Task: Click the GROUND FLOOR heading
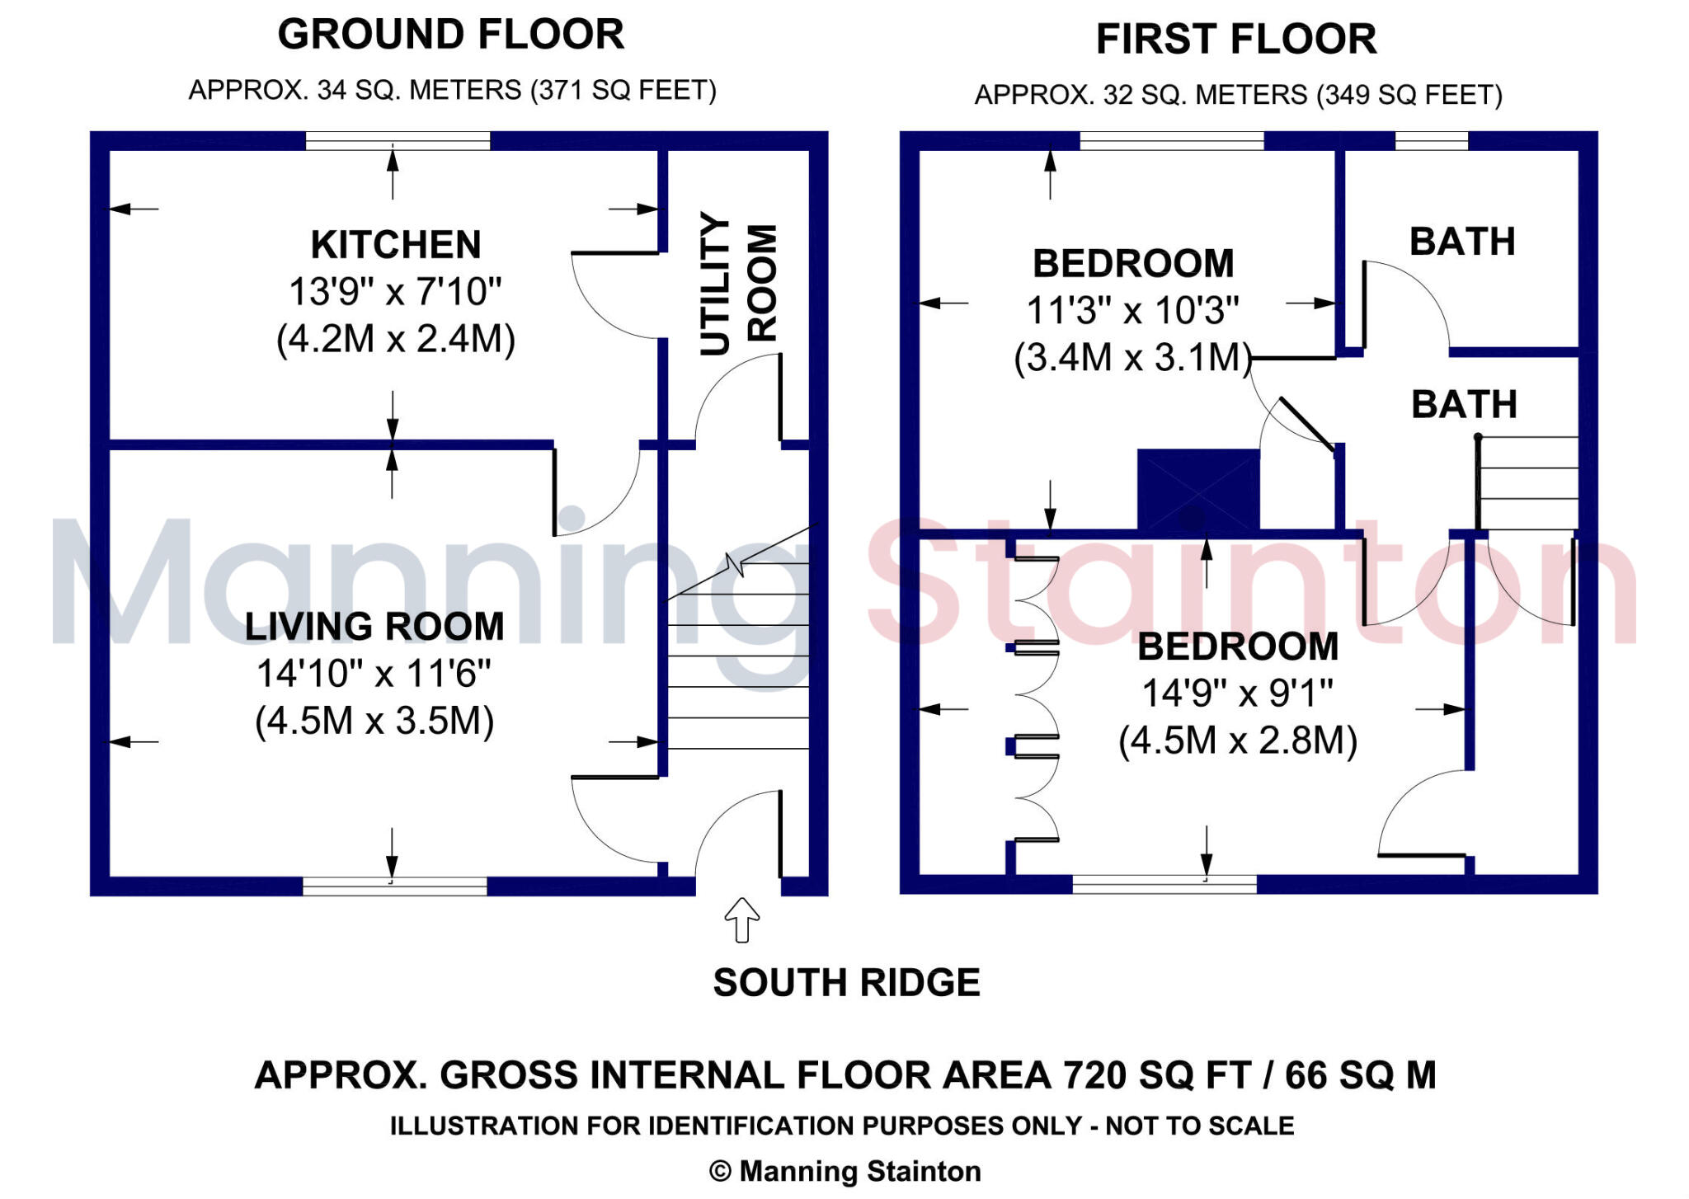pos(450,35)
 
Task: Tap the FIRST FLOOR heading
pos(1235,40)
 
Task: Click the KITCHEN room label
pos(396,245)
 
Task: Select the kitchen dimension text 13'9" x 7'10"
pos(395,292)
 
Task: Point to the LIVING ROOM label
pos(374,627)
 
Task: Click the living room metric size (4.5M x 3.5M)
pos(374,721)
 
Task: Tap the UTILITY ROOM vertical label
pos(737,283)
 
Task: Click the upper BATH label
pos(1461,242)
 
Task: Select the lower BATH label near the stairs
pos(1464,405)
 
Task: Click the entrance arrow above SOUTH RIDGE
pos(741,919)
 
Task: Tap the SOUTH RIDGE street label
pos(846,983)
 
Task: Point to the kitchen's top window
pos(398,141)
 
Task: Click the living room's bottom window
pos(394,886)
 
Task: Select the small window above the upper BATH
pos(1431,141)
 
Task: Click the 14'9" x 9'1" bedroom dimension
pos(1237,694)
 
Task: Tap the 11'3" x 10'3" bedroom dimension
pos(1132,311)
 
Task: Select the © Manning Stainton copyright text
pos(844,1171)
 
